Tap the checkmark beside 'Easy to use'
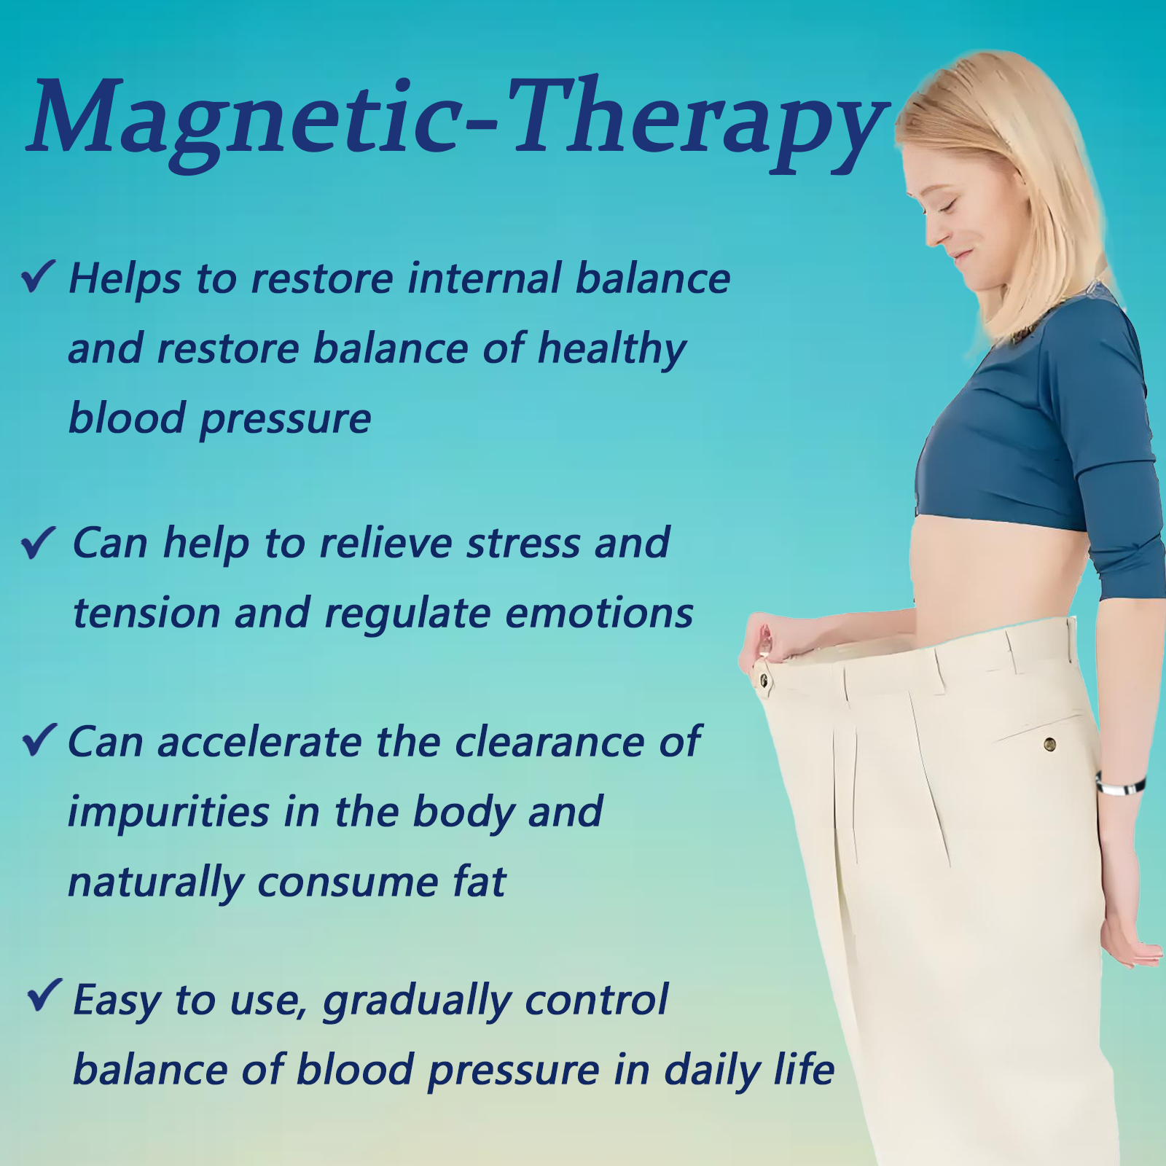click(x=44, y=995)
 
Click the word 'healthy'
click(x=612, y=350)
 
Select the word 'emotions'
click(x=599, y=614)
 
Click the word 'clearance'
click(x=549, y=743)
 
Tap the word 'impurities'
click(x=168, y=813)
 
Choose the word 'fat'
click(x=479, y=882)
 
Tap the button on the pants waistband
click(x=764, y=681)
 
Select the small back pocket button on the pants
click(x=1049, y=744)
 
